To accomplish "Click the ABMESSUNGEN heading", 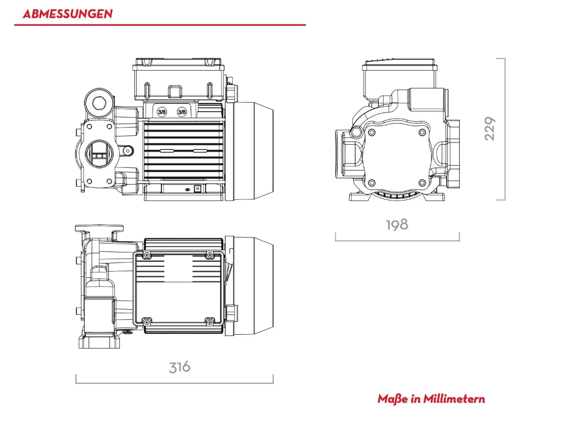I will click(x=67, y=14).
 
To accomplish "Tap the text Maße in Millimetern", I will click(x=431, y=399).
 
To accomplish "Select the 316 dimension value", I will click(x=180, y=367).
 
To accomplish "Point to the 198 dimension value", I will click(x=397, y=224).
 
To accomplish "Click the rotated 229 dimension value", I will click(x=490, y=128).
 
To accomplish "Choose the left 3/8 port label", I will click(x=162, y=112).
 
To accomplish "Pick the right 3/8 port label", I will click(x=181, y=112).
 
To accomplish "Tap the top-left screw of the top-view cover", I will click(x=147, y=254).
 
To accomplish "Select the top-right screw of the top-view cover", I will click(x=209, y=254).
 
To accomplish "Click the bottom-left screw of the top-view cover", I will click(x=147, y=321).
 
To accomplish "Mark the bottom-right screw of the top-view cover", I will click(x=209, y=321).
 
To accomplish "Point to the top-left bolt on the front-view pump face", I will click(x=371, y=132).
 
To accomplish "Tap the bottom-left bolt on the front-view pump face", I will click(x=371, y=182).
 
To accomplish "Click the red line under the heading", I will click(x=160, y=25).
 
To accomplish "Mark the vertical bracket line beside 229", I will click(x=505, y=129).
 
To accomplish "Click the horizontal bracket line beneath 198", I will click(x=397, y=240).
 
